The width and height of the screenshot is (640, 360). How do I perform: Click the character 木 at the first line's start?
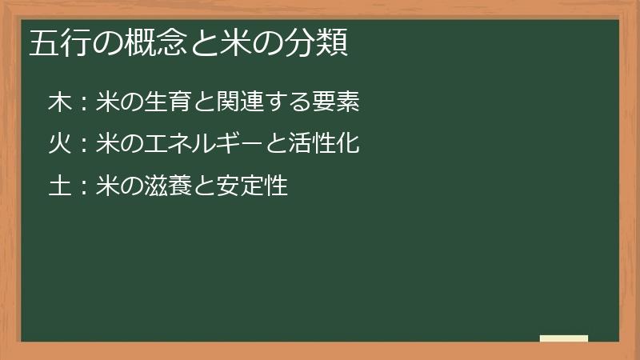tap(60, 102)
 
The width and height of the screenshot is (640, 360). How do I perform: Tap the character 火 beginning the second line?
tap(60, 145)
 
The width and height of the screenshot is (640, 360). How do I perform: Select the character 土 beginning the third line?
tap(60, 187)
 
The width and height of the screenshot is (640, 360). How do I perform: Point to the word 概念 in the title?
tap(164, 43)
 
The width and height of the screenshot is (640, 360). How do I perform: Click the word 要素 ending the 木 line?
tap(336, 102)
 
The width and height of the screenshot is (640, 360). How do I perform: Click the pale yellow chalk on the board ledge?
tap(564, 338)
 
